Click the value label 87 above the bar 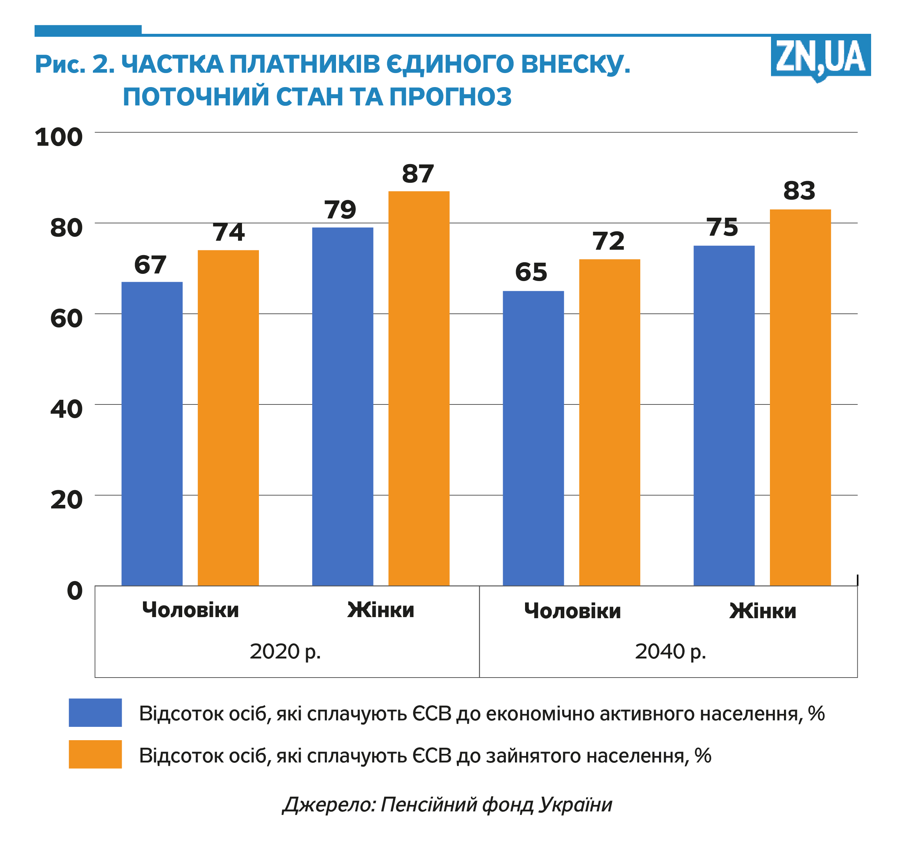(x=418, y=174)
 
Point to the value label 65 (x=531, y=272)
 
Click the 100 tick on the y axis (x=59, y=137)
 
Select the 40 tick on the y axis (x=66, y=409)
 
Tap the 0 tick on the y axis (x=75, y=590)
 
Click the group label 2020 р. (x=285, y=651)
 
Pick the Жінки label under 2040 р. (x=763, y=611)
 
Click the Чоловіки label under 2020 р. (x=190, y=610)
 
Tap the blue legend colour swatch (x=95, y=712)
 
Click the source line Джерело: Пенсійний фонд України (x=447, y=805)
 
